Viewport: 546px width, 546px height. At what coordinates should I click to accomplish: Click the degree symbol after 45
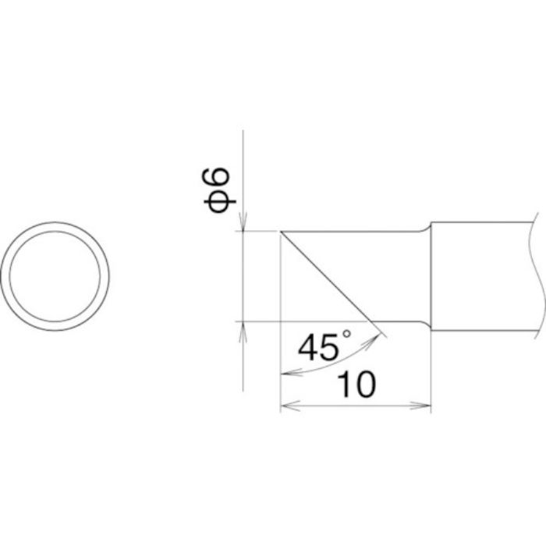point(346,334)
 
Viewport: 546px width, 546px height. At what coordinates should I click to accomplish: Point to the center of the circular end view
point(55,276)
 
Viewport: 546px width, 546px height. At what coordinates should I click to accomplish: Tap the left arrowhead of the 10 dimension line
point(285,406)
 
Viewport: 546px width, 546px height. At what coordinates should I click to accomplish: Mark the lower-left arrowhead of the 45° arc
point(285,373)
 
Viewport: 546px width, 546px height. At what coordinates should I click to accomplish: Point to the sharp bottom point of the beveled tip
point(371,321)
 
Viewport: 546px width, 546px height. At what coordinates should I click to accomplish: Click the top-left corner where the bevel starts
point(279,232)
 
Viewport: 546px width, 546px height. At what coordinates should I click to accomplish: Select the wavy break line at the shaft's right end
point(538,276)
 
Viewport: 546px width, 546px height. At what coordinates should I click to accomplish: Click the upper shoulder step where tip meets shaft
point(428,226)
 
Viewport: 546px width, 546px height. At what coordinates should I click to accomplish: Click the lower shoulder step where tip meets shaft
point(428,326)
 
